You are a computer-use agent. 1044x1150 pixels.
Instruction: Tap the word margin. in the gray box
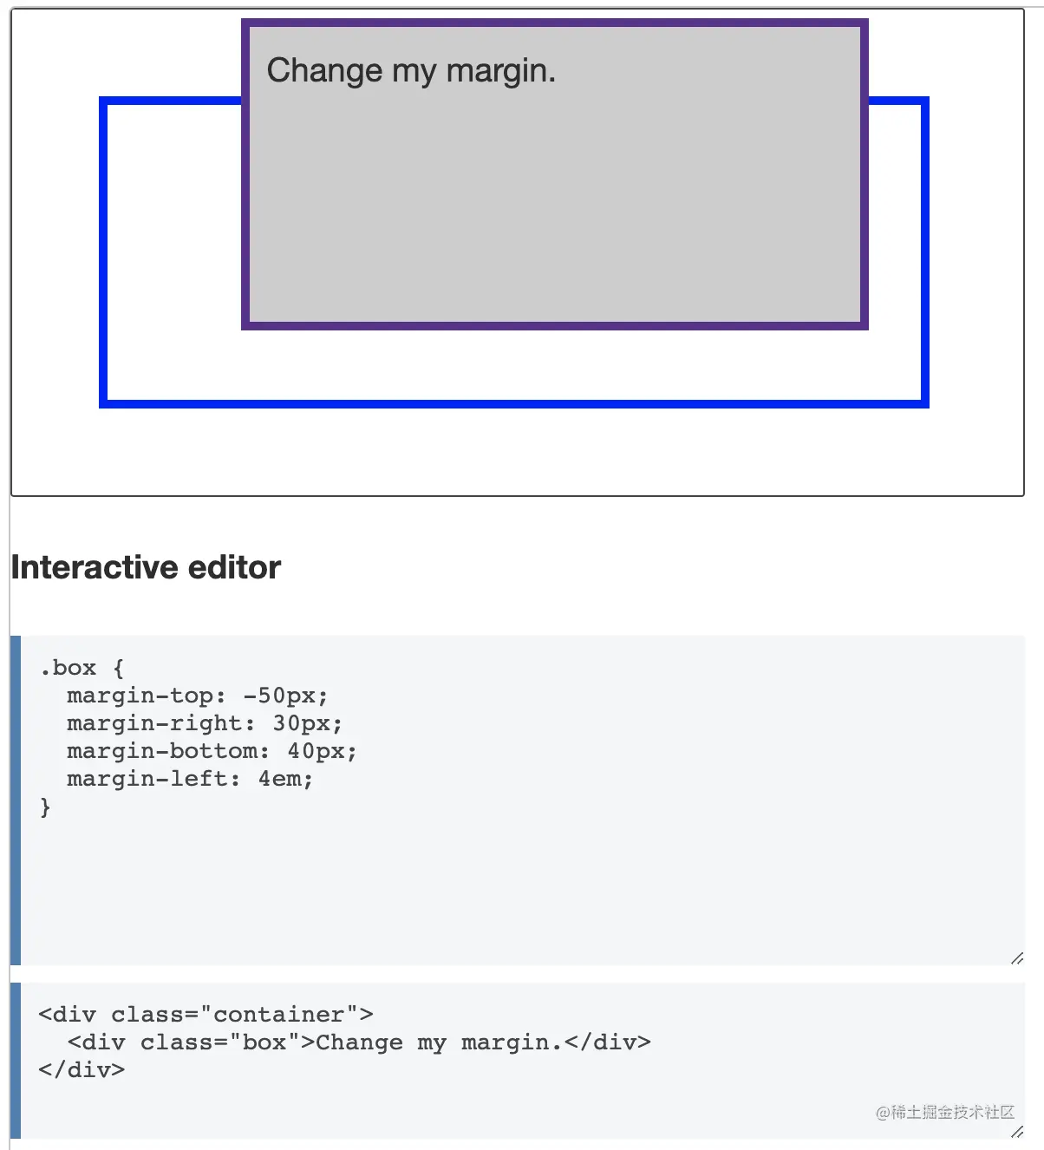click(500, 71)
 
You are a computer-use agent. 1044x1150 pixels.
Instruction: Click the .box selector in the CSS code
click(68, 668)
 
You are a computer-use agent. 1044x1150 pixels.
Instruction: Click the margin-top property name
click(139, 696)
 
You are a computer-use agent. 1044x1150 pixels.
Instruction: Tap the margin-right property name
click(153, 723)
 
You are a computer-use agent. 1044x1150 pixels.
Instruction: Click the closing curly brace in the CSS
click(45, 807)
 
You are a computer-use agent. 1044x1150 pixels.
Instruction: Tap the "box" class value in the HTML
click(264, 1042)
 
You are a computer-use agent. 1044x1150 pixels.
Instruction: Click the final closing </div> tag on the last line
click(82, 1070)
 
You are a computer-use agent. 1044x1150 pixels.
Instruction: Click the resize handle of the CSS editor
click(1017, 957)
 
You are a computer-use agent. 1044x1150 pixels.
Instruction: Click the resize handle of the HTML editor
click(1017, 1131)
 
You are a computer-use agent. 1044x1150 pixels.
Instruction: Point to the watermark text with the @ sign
click(944, 1112)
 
